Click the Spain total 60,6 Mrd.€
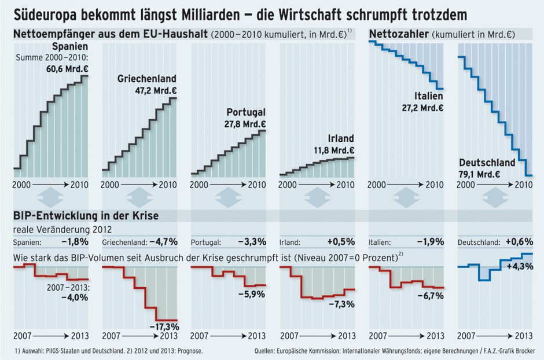(62, 68)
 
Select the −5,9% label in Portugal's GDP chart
(252, 293)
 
